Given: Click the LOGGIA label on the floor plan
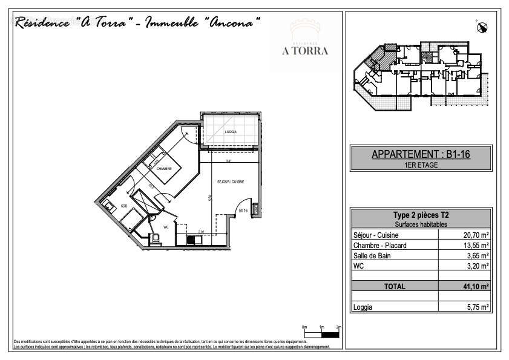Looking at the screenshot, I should (231, 132).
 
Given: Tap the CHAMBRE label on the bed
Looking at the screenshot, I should (164, 169).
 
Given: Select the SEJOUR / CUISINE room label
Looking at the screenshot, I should (231, 182).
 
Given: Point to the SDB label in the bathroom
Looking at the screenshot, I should (123, 206).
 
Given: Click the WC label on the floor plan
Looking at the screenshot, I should (166, 227).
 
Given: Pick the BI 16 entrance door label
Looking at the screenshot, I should (243, 211).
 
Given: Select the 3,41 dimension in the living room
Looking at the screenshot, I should (229, 161).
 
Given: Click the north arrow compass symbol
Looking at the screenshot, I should (482, 26).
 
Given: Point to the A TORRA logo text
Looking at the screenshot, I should (305, 51).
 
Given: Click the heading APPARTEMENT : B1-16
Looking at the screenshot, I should (421, 155).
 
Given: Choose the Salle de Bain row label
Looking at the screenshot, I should (372, 255).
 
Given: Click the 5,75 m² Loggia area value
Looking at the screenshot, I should (476, 307).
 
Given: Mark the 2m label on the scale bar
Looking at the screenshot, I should (338, 327).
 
